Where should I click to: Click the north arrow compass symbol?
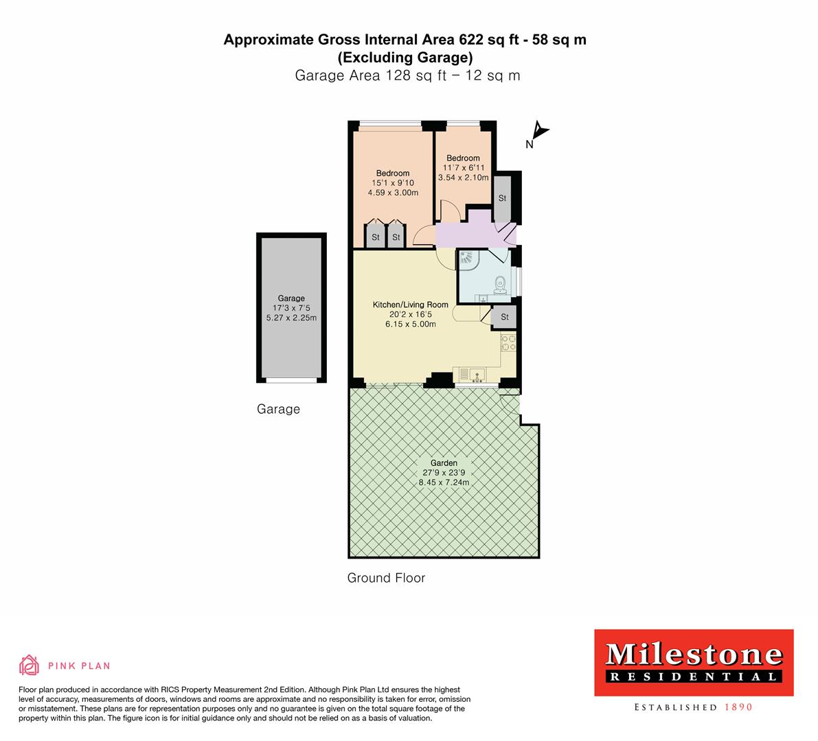click(539, 130)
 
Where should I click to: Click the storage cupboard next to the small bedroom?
click(502, 198)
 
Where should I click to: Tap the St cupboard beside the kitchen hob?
click(504, 316)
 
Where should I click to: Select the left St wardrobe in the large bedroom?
click(375, 237)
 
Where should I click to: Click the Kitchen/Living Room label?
click(410, 305)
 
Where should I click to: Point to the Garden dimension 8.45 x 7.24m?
click(444, 482)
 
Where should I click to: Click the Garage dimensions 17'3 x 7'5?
click(291, 308)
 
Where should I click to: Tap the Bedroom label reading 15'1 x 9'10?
click(393, 183)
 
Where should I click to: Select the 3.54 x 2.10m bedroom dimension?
click(463, 178)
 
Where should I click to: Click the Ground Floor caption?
click(386, 578)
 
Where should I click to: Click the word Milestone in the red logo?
click(693, 655)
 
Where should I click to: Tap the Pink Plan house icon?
click(29, 665)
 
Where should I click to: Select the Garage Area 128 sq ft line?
click(407, 75)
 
